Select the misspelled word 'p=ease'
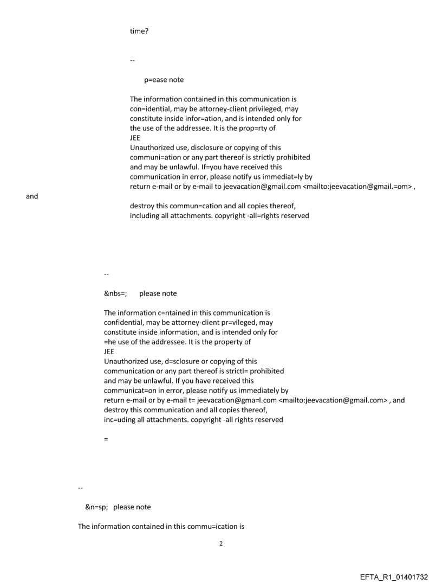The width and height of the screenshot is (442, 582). coord(155,80)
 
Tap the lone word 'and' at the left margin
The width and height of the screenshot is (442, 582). coord(32,196)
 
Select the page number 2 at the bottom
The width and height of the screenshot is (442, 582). coord(220,543)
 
